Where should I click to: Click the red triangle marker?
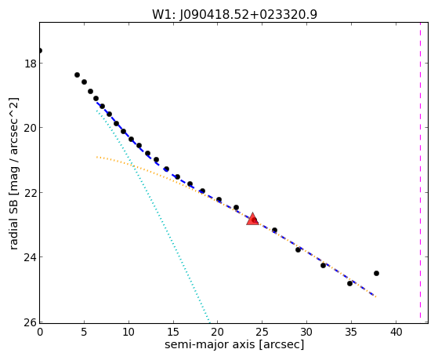[252, 219]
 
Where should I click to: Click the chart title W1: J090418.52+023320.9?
[234, 14]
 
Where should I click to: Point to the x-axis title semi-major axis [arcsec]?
[234, 344]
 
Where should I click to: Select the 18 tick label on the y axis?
[30, 64]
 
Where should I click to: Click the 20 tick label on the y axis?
[30, 128]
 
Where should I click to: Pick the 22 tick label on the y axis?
[30, 192]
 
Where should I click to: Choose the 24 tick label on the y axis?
[30, 256]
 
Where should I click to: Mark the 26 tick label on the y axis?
[30, 322]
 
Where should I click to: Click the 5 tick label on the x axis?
[84, 332]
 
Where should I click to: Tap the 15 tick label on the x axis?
[173, 332]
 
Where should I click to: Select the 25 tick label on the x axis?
[262, 332]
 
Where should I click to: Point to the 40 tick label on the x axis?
[396, 332]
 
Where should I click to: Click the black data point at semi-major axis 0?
[40, 51]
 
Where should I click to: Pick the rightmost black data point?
[376, 273]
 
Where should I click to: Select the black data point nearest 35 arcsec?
[349, 283]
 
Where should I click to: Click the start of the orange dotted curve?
[96, 157]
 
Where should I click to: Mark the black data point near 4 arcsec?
[77, 75]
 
